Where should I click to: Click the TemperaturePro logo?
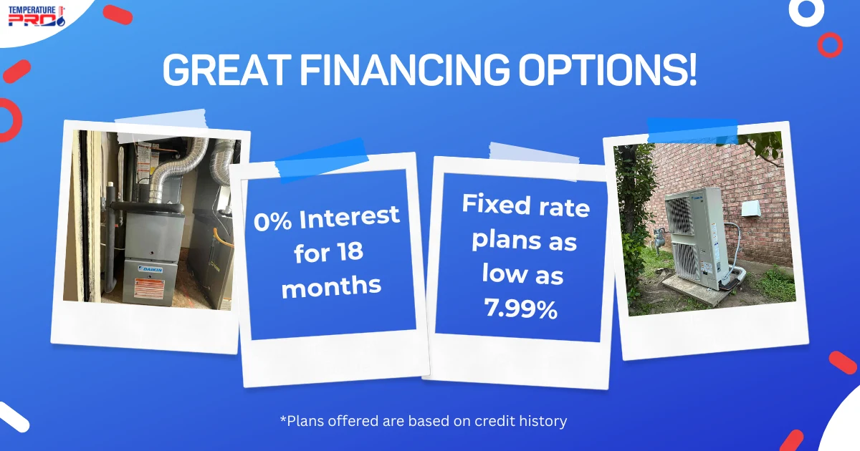click(x=37, y=16)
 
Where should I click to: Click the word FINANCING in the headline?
click(x=404, y=70)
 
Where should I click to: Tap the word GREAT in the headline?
click(x=226, y=70)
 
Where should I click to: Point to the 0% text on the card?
click(x=272, y=221)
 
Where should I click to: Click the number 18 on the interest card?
click(x=350, y=251)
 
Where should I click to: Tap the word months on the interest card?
click(x=331, y=286)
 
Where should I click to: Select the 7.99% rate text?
click(x=520, y=308)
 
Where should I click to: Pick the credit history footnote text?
click(x=424, y=421)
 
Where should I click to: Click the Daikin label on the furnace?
click(x=151, y=269)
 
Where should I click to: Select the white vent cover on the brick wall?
click(x=751, y=208)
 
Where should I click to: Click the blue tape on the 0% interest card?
click(x=322, y=160)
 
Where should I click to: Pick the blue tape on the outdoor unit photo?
click(x=692, y=131)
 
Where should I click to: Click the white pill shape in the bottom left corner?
click(x=14, y=417)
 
